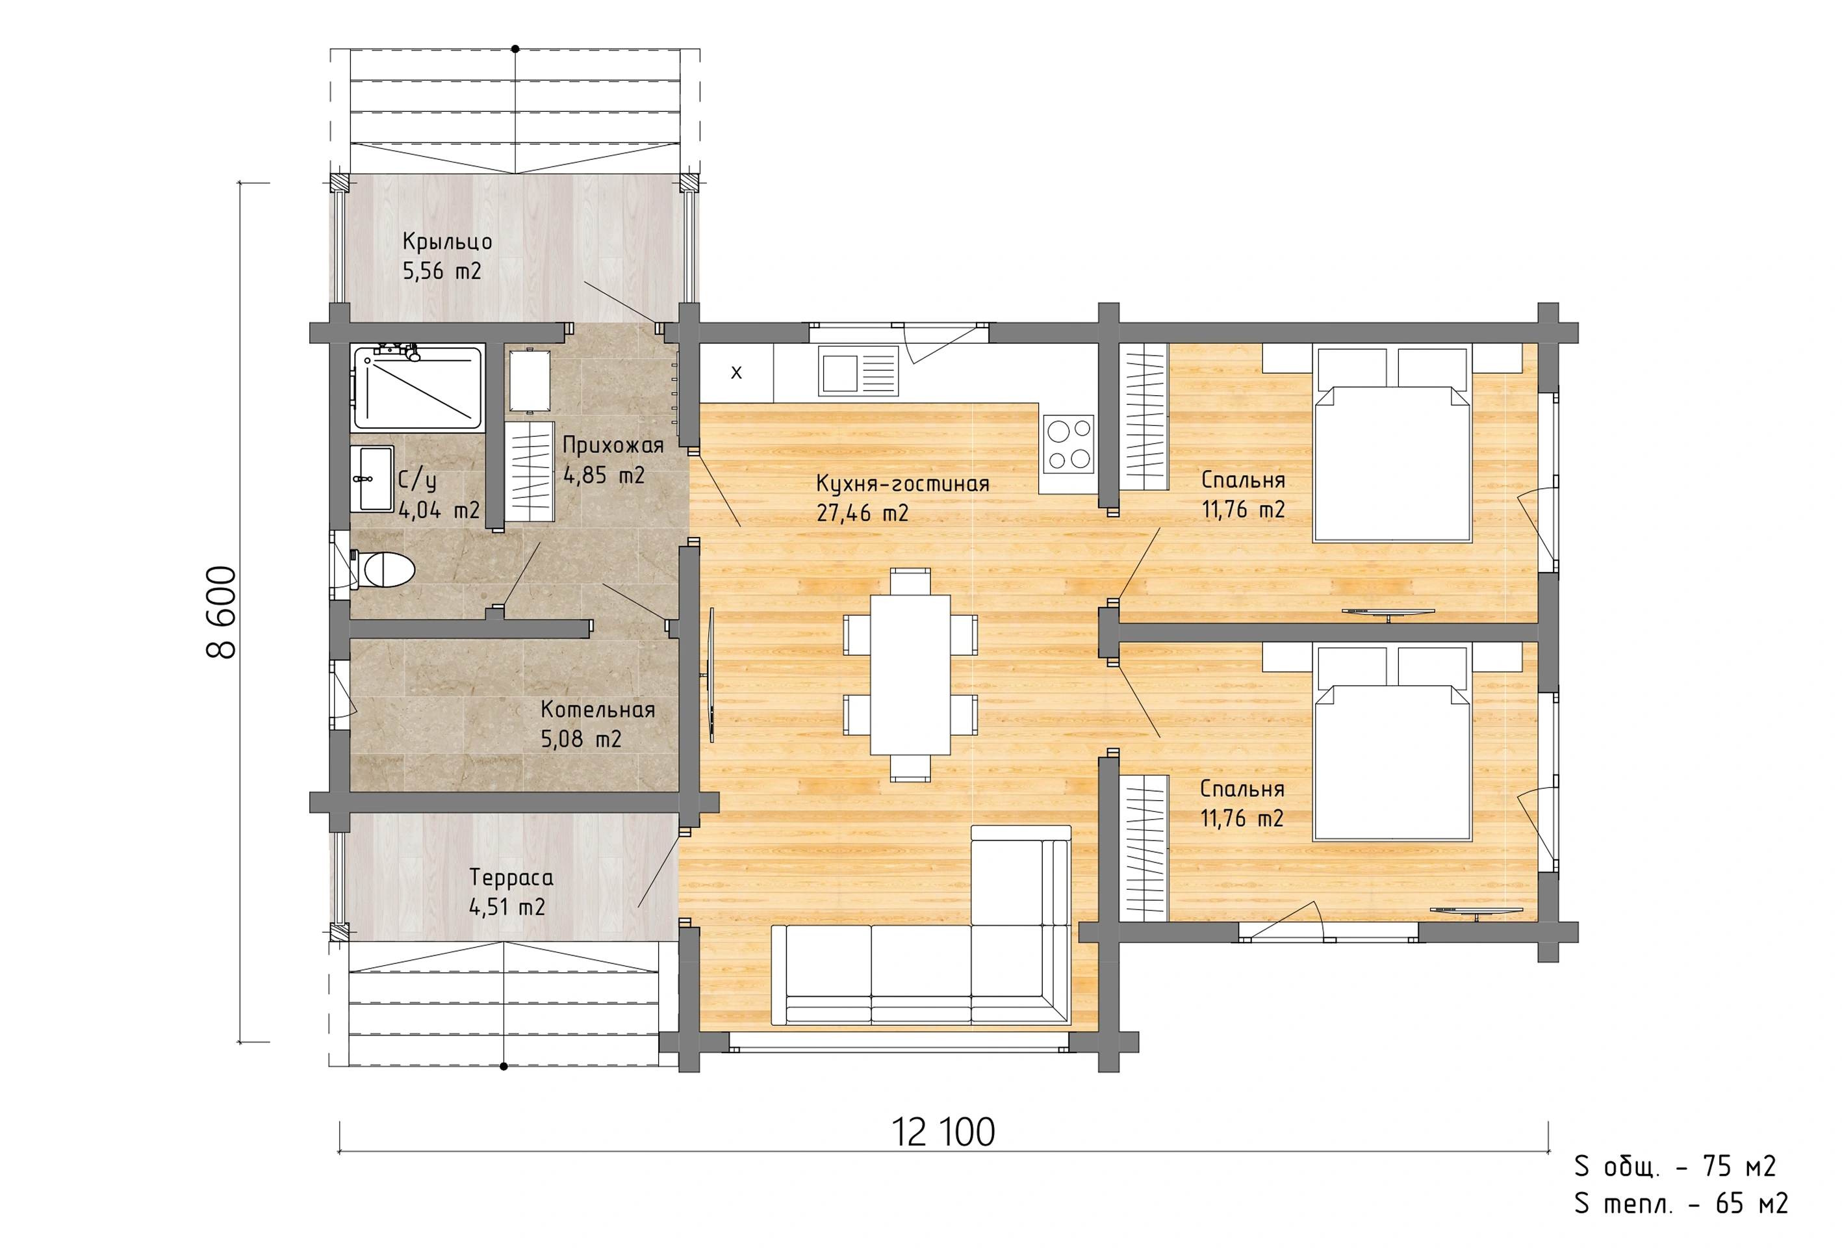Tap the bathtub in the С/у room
tap(418, 387)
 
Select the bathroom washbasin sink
tap(372, 479)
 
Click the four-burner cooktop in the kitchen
tap(1068, 443)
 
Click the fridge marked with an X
tap(736, 372)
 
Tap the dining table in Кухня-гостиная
tap(910, 675)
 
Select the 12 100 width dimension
tap(943, 1132)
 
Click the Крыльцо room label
tap(447, 241)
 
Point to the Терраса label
tap(511, 877)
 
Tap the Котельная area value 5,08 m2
tap(581, 739)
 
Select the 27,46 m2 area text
tap(862, 513)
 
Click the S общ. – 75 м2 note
tap(1675, 1166)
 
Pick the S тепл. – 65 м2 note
tap(1681, 1204)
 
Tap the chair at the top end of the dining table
tap(910, 581)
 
